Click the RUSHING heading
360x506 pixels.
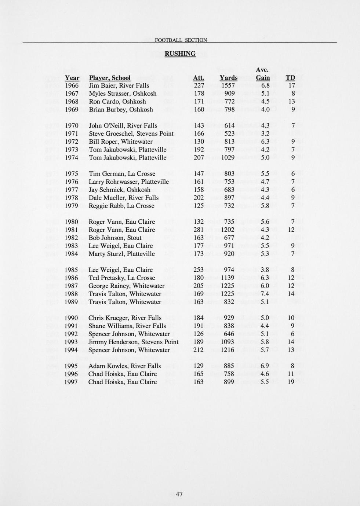(180, 54)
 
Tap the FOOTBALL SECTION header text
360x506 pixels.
(181, 40)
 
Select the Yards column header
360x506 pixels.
(228, 78)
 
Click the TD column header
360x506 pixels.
(290, 78)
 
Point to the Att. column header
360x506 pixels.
(199, 78)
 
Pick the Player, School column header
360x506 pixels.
(110, 78)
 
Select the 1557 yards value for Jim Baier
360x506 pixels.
(228, 85)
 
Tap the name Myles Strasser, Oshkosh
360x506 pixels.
(123, 93)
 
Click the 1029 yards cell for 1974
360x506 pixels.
(228, 158)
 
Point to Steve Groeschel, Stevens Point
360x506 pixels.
(131, 133)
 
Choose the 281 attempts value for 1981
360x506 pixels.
(199, 230)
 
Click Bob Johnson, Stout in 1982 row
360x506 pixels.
(115, 238)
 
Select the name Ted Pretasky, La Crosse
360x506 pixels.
(122, 278)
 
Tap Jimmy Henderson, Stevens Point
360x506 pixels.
(133, 342)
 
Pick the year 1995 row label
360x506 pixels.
(71, 366)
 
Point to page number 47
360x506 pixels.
(179, 494)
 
